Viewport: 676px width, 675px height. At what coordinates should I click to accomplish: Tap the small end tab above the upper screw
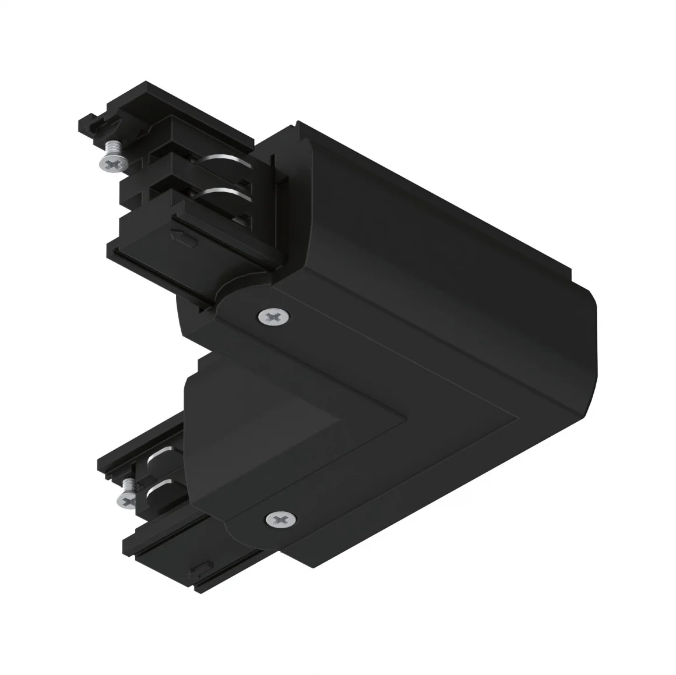point(90,121)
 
